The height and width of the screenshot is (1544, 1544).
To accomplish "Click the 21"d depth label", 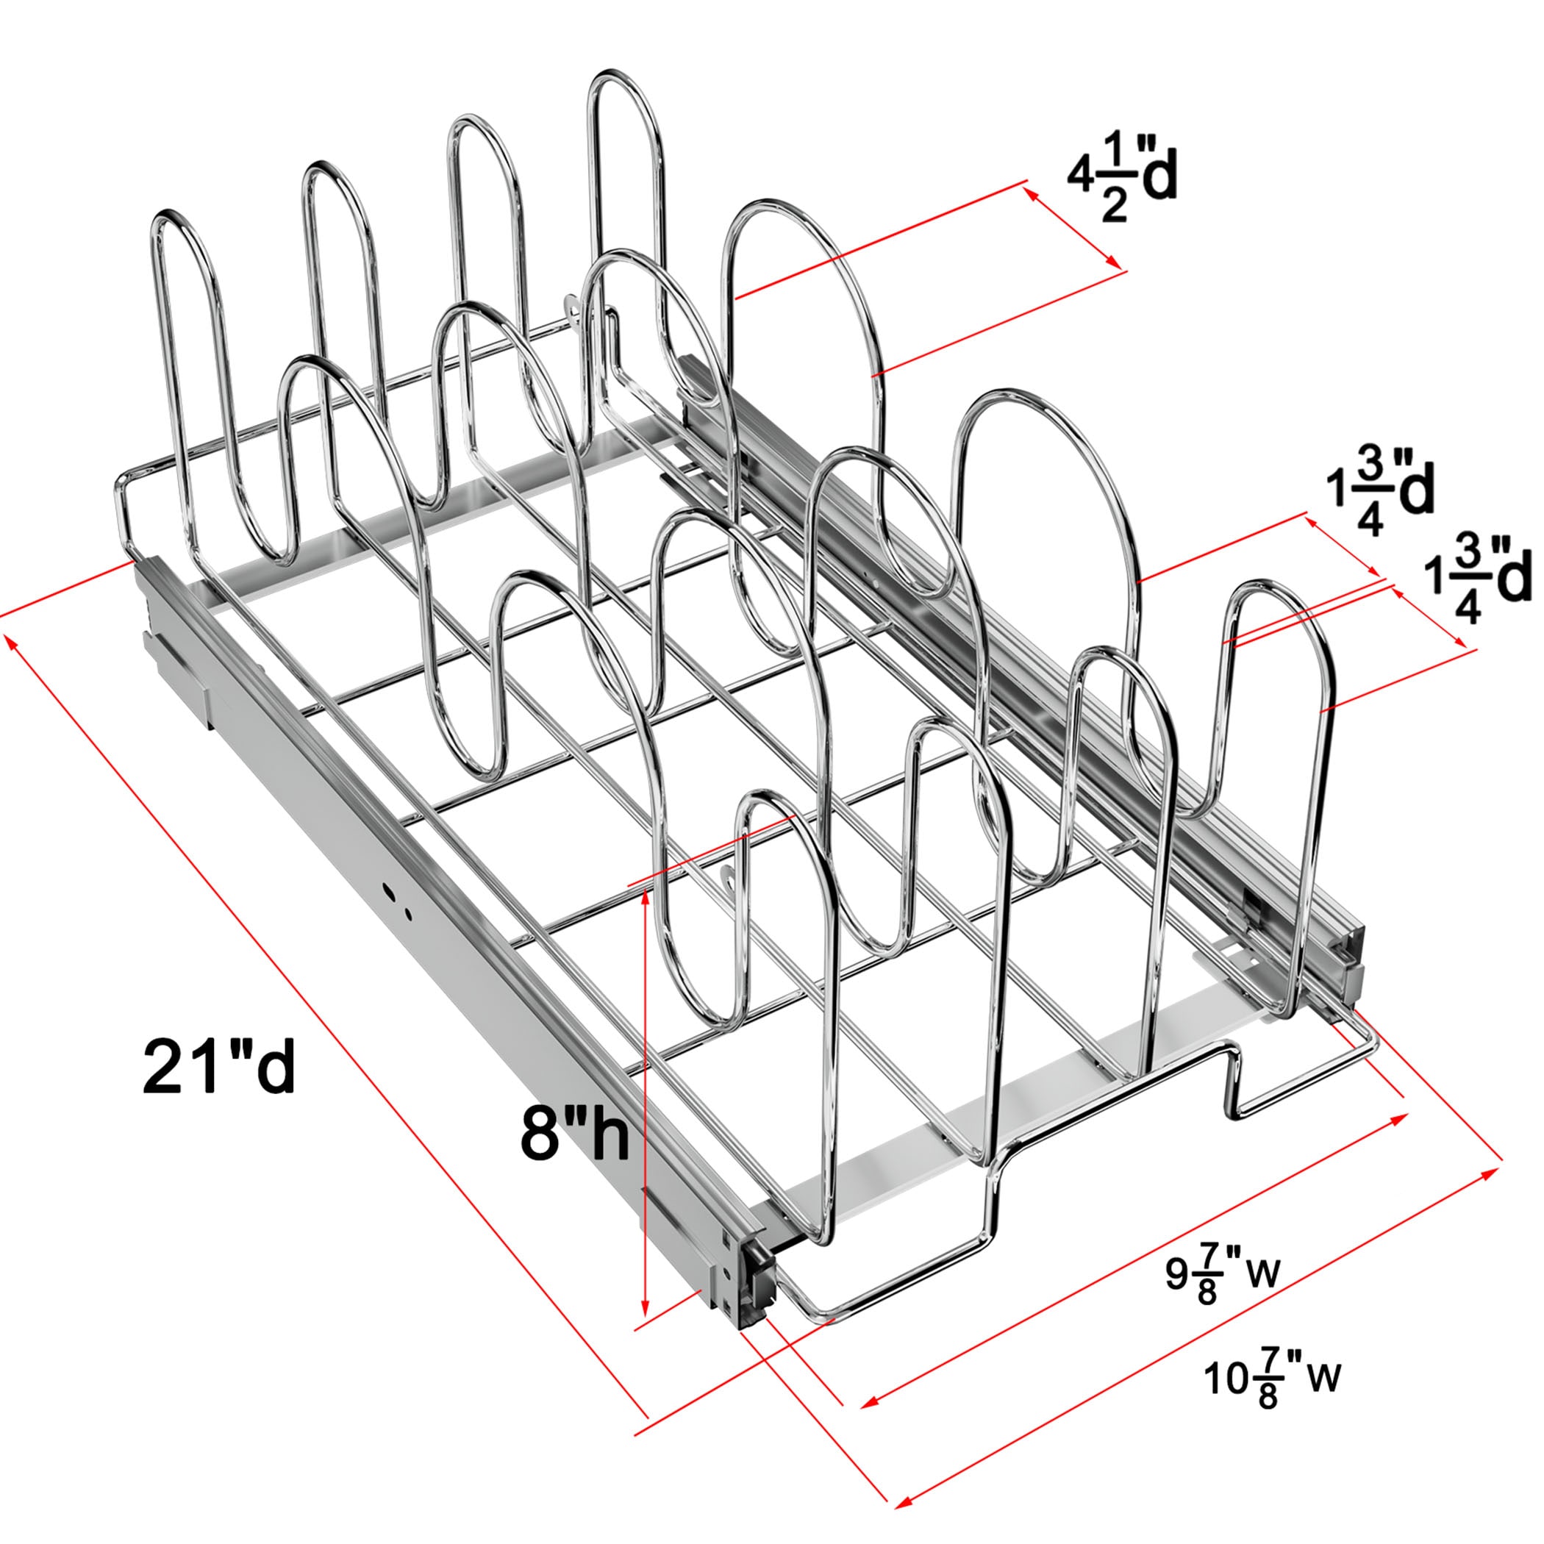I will [219, 1068].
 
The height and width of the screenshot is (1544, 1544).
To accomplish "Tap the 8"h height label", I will [573, 1132].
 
